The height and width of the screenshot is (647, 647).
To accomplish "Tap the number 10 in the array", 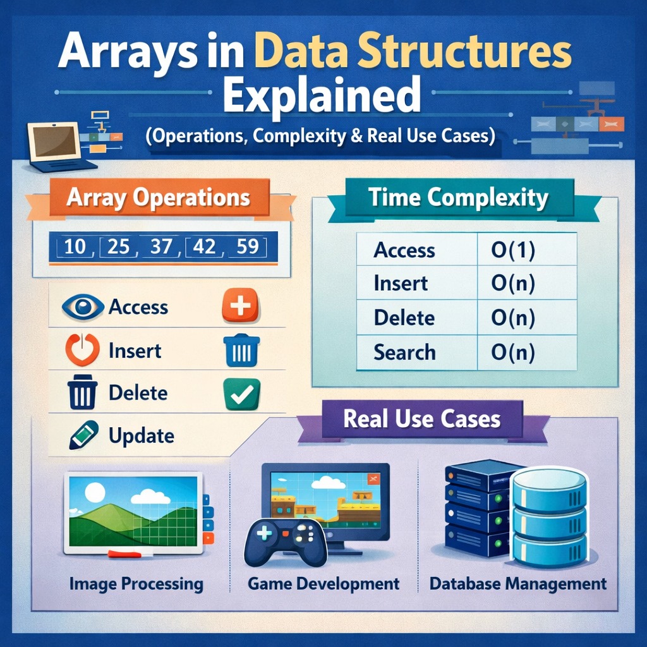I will coord(75,246).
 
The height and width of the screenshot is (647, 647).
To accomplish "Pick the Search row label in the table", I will coord(404,352).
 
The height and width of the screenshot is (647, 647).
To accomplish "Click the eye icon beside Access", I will coord(83,307).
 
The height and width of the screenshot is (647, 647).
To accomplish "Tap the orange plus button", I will coord(240,306).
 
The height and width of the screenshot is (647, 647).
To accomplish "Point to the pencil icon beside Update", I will coord(83,435).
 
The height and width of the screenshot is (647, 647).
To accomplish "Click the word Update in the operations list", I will coord(141,435).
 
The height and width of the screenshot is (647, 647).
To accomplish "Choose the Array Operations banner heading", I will coord(158,198).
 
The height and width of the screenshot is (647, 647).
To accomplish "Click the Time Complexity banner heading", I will coord(458,198).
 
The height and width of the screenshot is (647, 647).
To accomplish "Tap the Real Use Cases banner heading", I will coord(421,420).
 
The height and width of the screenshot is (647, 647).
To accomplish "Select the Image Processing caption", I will coord(136,584).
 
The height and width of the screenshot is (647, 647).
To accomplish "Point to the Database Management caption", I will coord(517,584).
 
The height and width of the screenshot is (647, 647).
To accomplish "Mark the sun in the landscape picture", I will coord(95,492).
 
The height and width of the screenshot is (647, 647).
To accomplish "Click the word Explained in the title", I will coord(322,96).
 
